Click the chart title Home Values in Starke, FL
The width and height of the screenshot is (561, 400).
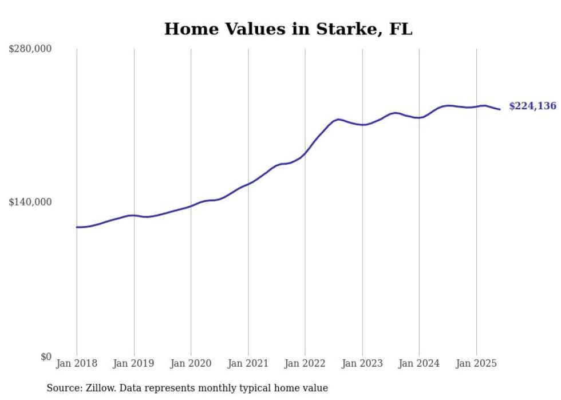[288, 29]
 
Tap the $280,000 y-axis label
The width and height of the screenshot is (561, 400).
[30, 49]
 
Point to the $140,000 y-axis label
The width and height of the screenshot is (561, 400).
[30, 202]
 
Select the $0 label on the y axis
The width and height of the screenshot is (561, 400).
[46, 357]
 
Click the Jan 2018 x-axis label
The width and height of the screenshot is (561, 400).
[77, 363]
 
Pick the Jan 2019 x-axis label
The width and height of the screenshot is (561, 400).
[134, 363]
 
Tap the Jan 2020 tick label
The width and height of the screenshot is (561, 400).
[191, 363]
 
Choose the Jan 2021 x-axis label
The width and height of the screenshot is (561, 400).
[248, 363]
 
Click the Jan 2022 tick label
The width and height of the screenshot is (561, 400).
[305, 363]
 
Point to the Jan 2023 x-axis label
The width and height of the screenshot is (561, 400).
[362, 363]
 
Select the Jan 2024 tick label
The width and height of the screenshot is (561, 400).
[419, 363]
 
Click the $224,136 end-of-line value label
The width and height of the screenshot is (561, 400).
[532, 106]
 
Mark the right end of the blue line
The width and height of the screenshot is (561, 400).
[500, 109]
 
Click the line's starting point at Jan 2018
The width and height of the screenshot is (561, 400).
[77, 227]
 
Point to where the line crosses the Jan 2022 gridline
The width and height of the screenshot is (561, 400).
[305, 154]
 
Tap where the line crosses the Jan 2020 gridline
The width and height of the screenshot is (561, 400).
[191, 205]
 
